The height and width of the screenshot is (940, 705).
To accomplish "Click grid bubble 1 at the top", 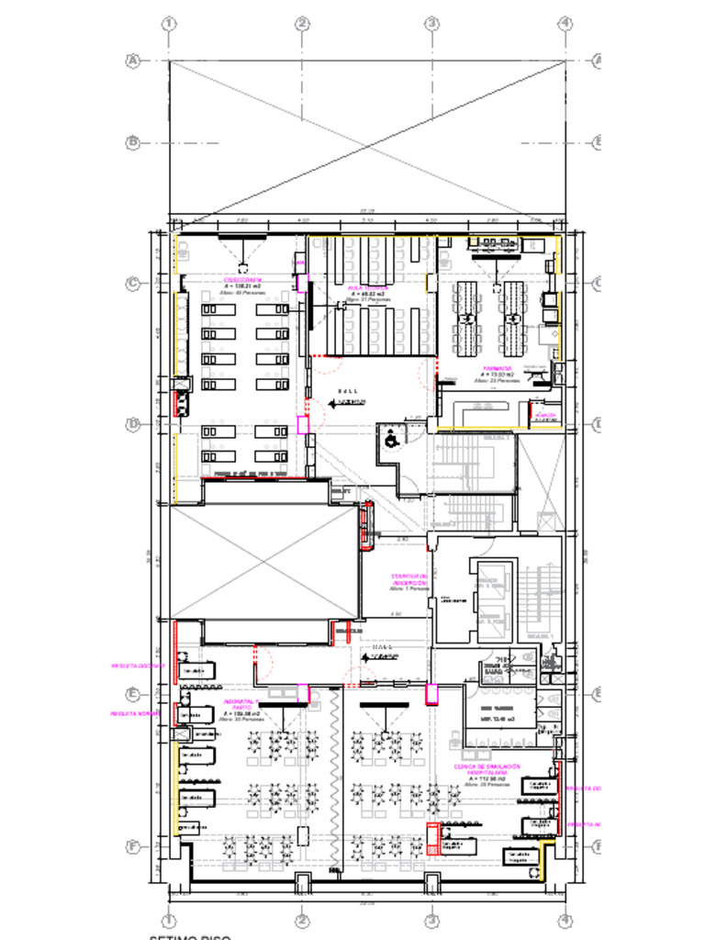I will coord(169,23).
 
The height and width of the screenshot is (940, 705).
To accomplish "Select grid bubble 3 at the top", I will coord(431,23).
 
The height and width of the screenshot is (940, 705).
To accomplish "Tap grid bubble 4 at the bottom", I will coord(565,919).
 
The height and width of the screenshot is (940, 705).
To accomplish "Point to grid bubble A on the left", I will coord(133,61).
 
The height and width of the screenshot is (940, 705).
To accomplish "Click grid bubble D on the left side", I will coord(133,424).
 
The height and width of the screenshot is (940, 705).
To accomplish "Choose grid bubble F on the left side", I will coord(133,846).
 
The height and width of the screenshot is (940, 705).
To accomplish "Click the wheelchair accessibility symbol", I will coord(390,440).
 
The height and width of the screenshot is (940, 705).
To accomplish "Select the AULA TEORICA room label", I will coord(367,287).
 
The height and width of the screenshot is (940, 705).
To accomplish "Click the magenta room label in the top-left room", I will coord(243,279).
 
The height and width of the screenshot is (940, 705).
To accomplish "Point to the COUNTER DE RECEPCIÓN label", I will coord(410,579).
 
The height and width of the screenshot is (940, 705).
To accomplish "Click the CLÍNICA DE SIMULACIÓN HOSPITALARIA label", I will coord(487,769).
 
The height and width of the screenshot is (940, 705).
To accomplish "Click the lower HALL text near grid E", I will coord(379,648).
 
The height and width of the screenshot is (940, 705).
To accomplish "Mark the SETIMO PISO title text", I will coord(190,936).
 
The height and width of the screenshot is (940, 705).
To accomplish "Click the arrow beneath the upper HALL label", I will coord(349,402).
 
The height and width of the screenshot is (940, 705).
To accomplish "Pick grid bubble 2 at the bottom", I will coord(301,919).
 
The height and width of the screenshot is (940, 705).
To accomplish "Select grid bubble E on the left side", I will coord(133,694).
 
